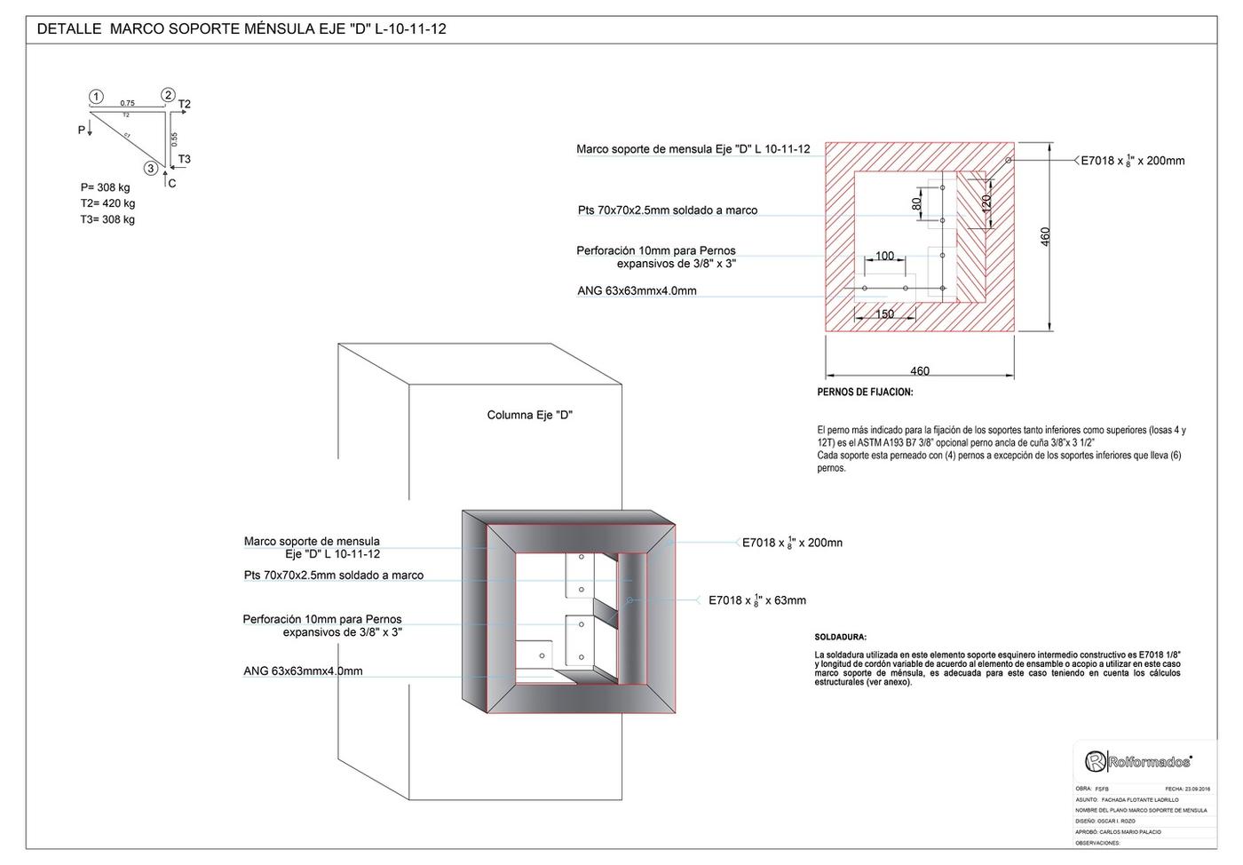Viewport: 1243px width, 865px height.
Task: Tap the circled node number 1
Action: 96,97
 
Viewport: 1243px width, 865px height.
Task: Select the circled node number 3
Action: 151,168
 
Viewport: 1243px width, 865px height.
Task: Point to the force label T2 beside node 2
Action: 185,105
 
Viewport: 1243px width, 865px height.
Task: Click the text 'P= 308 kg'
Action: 105,187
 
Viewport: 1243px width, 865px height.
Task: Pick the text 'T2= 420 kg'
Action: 107,203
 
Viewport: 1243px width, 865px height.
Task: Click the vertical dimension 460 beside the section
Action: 1046,237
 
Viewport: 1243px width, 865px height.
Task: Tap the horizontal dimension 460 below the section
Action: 920,371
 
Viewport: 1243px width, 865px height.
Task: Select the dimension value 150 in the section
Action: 885,313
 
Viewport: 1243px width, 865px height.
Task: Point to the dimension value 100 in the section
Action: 885,256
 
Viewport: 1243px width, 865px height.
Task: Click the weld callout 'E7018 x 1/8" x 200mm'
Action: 1132,161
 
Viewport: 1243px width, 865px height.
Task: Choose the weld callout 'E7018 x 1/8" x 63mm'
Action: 757,600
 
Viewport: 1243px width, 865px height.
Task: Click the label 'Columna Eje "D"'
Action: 530,416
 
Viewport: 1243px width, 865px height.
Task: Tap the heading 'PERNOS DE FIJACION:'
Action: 865,393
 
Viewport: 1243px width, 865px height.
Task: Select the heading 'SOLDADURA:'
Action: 841,638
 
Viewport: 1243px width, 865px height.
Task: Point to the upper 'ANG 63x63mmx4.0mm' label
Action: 637,290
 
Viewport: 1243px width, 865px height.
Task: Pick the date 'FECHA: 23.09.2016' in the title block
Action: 1187,789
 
